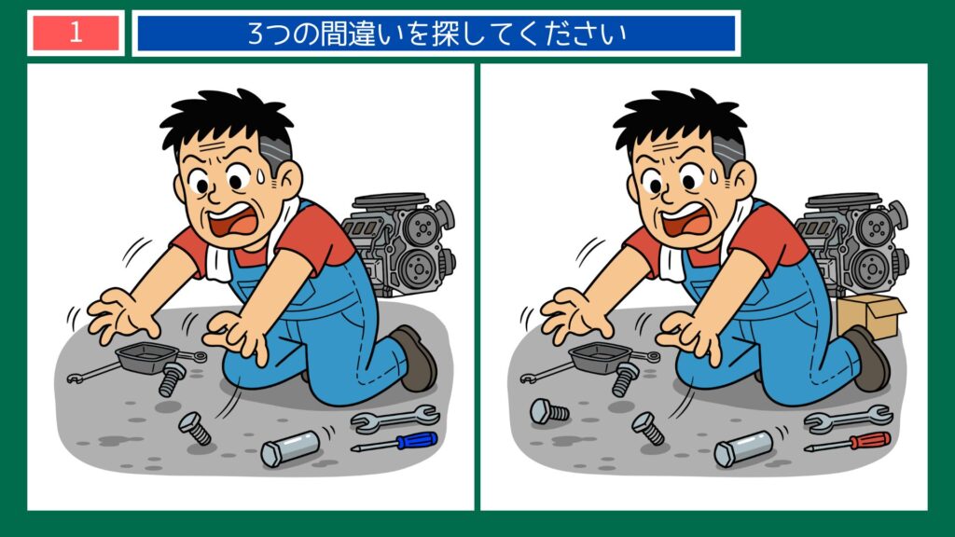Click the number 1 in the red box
click(76, 33)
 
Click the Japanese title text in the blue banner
click(436, 34)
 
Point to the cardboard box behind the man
click(870, 315)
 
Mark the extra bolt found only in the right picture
click(548, 410)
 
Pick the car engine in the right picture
click(851, 240)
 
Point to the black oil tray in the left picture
click(149, 355)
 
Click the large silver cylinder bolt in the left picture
click(290, 450)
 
